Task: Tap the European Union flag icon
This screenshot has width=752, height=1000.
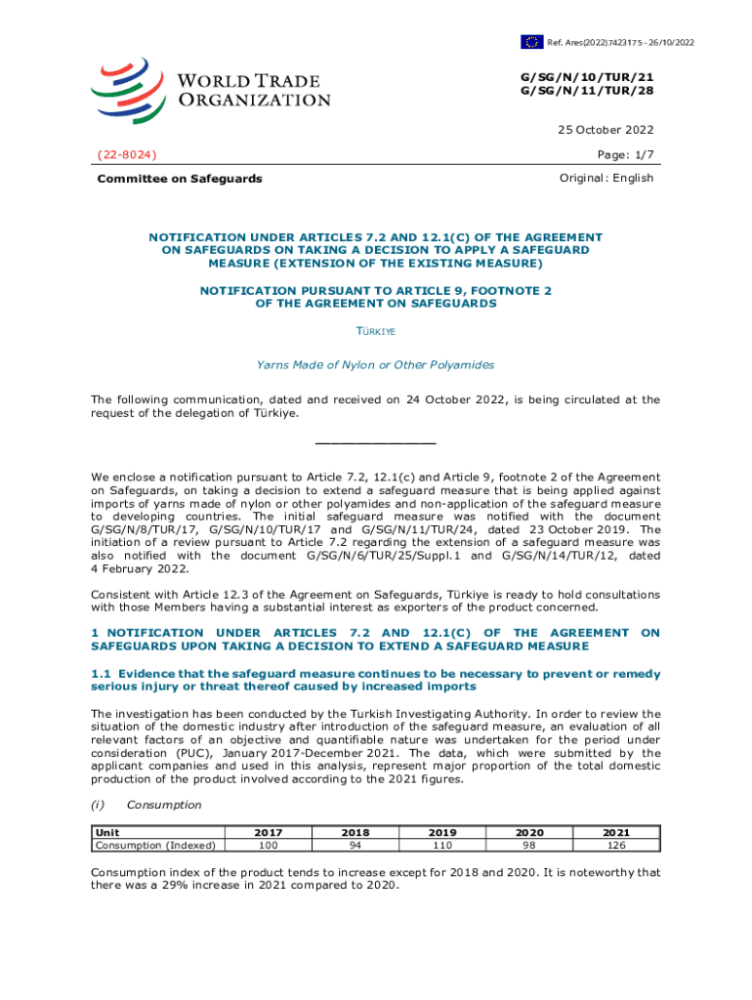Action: coord(531,41)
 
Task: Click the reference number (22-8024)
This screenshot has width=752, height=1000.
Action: coord(127,154)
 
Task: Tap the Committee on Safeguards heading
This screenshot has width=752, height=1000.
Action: coord(179,179)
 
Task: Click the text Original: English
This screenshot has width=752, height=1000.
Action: coord(606,178)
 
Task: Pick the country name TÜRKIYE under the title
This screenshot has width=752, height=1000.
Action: coord(375,332)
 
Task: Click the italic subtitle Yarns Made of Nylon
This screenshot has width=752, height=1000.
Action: coord(375,364)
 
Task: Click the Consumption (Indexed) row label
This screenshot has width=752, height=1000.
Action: coord(155,845)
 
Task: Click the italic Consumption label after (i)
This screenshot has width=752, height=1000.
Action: coord(164,805)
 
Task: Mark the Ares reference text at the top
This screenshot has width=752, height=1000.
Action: coord(621,42)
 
